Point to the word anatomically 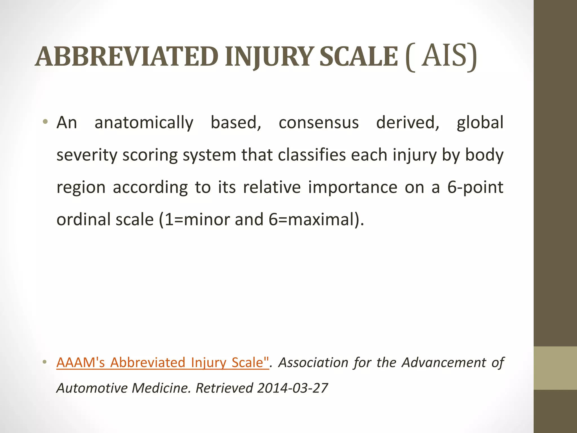[x=144, y=123]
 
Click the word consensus [x=319, y=123]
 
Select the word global [x=480, y=123]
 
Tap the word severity [x=86, y=155]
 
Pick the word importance [x=352, y=187]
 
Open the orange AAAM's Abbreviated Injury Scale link [x=163, y=363]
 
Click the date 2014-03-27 [x=292, y=388]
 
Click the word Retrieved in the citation [x=224, y=388]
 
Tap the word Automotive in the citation [x=92, y=388]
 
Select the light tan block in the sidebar [x=555, y=368]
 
